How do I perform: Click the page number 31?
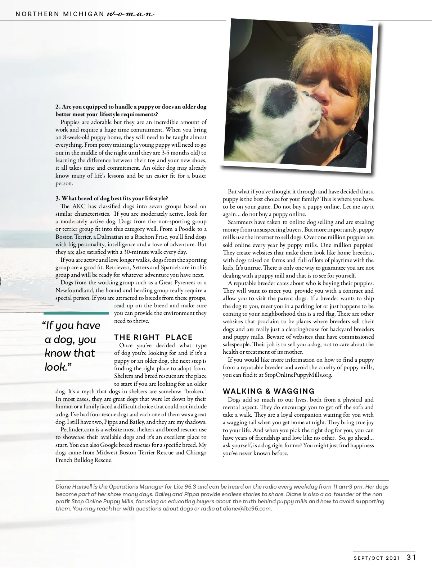[411, 557]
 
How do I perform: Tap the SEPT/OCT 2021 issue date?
[377, 558]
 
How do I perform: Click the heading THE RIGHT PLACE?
[153, 337]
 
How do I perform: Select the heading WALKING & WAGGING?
[269, 391]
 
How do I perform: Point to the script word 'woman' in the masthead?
[131, 14]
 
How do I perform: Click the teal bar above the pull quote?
[76, 313]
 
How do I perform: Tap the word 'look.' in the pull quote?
[56, 367]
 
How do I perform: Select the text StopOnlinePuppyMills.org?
[298, 375]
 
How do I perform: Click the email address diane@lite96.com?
[247, 509]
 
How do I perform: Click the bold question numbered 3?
[112, 198]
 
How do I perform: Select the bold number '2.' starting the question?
[58, 107]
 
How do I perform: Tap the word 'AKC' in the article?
[79, 206]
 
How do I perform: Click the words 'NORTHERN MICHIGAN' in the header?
[60, 14]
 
